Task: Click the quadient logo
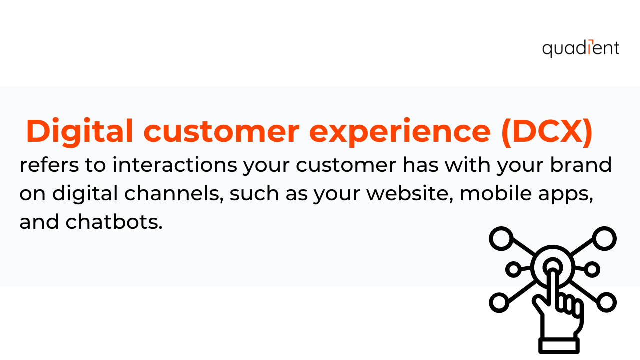tap(580, 49)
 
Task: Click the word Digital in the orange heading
tap(79, 132)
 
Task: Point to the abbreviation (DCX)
tap(547, 132)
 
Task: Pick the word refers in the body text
tap(49, 165)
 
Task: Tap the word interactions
tap(175, 165)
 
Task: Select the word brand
tap(581, 165)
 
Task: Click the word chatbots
tap(114, 222)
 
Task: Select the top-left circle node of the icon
tap(501, 239)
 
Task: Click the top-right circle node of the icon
tap(604, 239)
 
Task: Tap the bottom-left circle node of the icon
tap(499, 302)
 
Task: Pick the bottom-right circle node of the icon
tap(606, 302)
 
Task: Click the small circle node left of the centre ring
tap(513, 269)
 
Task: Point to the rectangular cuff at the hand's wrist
tap(559, 346)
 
